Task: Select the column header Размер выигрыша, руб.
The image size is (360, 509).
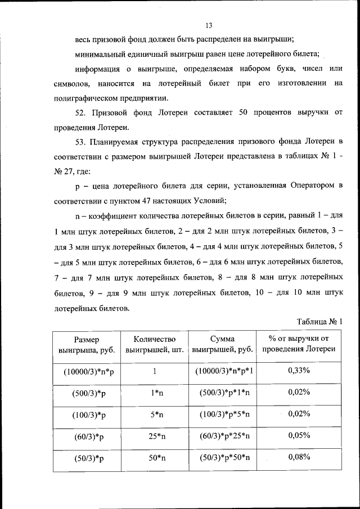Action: pos(86,344)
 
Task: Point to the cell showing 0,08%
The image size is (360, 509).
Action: pos(299,457)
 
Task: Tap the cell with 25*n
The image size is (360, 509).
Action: pos(156,435)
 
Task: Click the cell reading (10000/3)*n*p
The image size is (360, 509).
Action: pos(89,372)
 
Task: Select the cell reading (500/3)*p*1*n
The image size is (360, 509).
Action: pos(224,393)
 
